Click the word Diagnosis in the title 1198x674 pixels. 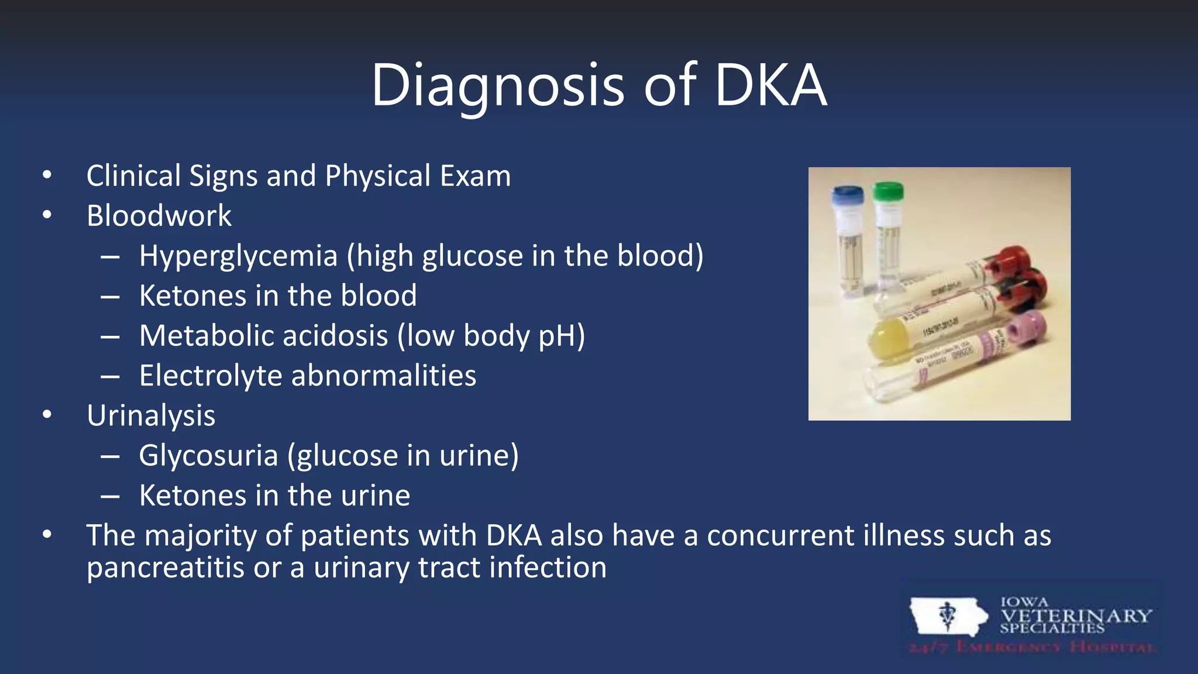(497, 85)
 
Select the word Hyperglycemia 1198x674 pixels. (239, 256)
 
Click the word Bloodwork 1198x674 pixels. (159, 216)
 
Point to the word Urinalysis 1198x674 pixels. (151, 416)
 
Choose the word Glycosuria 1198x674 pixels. (208, 456)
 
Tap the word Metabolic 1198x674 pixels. (205, 336)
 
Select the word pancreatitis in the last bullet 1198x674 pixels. (165, 568)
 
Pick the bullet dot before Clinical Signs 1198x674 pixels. (47, 175)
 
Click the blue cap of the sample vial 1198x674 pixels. (848, 195)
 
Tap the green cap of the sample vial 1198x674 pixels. (888, 191)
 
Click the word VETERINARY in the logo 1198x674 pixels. (1075, 615)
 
